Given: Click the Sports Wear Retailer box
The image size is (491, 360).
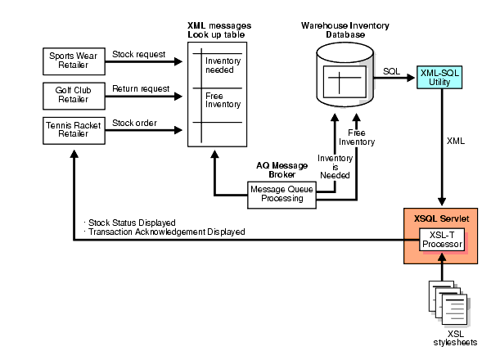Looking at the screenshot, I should [73, 60].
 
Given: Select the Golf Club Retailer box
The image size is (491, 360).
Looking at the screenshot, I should [73, 94].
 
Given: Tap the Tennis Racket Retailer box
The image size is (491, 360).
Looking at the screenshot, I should [73, 129].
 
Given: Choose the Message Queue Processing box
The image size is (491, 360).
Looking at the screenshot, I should [281, 193].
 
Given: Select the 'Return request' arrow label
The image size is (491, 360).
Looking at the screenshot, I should [141, 88].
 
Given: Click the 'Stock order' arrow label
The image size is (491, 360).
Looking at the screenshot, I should [134, 124].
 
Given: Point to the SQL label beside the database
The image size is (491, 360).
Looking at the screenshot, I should [391, 71].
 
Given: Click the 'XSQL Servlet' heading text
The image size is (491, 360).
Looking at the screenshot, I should [442, 219].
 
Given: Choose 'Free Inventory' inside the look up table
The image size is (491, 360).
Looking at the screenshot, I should [218, 101].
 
